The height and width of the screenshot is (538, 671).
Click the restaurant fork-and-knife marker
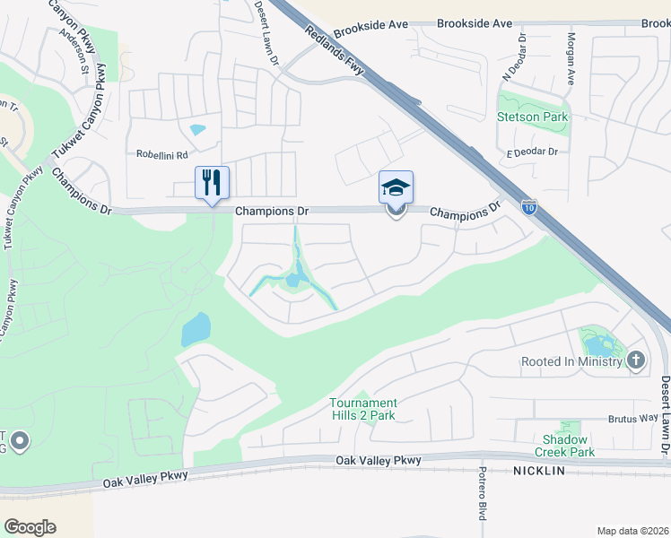[212, 183]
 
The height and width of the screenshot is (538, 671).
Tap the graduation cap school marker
[396, 188]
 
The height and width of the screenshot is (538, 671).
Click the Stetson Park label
[533, 117]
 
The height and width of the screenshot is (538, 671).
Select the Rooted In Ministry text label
[571, 361]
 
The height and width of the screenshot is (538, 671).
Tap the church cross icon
[636, 360]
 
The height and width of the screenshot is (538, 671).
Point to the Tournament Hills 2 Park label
[362, 409]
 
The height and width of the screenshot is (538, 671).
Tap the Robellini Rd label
[162, 154]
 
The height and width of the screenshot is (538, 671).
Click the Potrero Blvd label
[482, 494]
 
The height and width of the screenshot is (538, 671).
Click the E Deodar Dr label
[532, 152]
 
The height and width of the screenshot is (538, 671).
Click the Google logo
[30, 527]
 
